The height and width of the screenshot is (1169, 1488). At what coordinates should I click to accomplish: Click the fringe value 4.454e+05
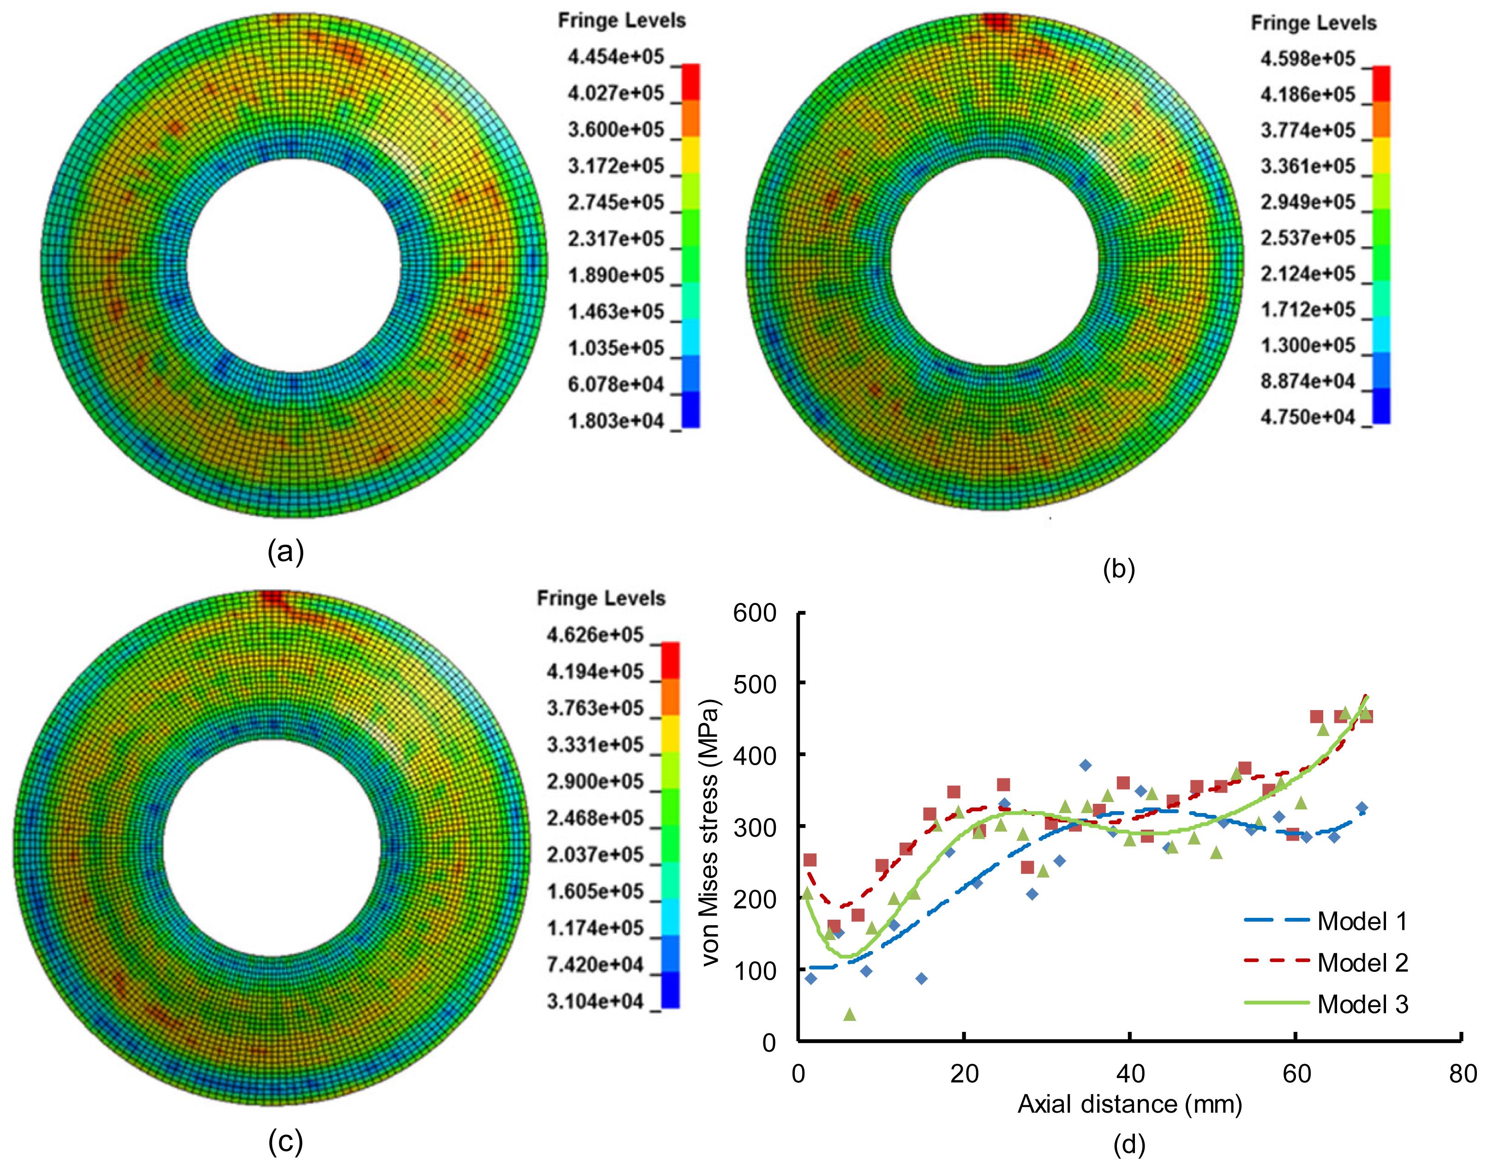click(x=616, y=57)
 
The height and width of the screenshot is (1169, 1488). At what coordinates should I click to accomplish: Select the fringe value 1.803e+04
click(x=616, y=421)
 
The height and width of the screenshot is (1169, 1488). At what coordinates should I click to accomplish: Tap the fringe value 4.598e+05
click(x=1308, y=59)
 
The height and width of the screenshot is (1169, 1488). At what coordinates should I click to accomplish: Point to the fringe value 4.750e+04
click(x=1308, y=417)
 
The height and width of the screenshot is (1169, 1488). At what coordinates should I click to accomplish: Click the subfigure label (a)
click(x=285, y=551)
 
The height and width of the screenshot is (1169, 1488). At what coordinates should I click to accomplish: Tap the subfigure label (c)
click(x=285, y=1140)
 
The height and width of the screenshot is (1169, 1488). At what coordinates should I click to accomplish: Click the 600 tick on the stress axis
click(x=755, y=613)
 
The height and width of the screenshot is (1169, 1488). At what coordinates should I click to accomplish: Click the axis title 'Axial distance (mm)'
click(x=1129, y=1104)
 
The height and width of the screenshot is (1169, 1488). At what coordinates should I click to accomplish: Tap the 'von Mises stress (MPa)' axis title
click(x=712, y=832)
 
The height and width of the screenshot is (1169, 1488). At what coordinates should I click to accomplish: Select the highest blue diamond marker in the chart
click(x=1085, y=765)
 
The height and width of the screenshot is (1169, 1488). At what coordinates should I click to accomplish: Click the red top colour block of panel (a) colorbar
click(x=690, y=82)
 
